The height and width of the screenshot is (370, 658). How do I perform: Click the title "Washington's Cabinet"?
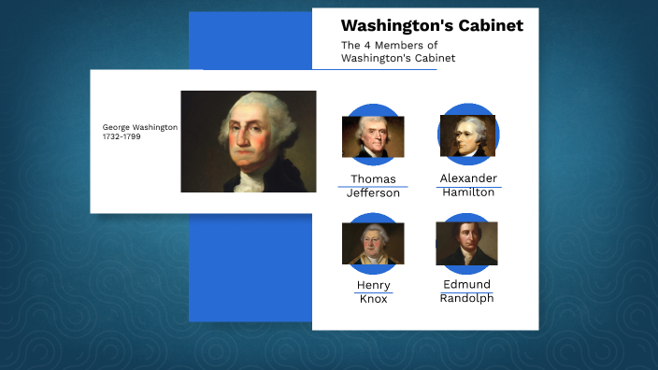pos(432,25)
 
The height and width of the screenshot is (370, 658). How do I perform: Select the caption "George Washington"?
pos(140,127)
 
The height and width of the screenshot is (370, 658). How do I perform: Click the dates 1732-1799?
pos(122,137)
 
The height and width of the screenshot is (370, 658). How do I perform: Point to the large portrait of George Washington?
pos(248,141)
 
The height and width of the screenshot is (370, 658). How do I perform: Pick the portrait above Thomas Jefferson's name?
pos(373,136)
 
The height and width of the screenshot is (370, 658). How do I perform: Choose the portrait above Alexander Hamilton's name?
pos(467,135)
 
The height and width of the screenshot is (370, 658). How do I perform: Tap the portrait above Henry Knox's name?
pos(373,244)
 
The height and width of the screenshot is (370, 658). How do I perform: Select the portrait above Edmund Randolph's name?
pos(466,243)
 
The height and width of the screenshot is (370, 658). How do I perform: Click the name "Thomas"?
pos(373,178)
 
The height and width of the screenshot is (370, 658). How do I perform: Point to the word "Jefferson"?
pos(373,193)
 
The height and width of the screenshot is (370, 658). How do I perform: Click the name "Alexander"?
pos(468,178)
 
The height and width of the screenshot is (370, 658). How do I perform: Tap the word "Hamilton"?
pos(468,192)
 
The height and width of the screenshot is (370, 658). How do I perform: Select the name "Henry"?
pos(373,285)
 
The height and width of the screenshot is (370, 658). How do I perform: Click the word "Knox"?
pos(373,300)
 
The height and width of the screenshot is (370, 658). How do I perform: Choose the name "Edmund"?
pos(467,284)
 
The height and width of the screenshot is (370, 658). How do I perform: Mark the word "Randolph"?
pos(467,298)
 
